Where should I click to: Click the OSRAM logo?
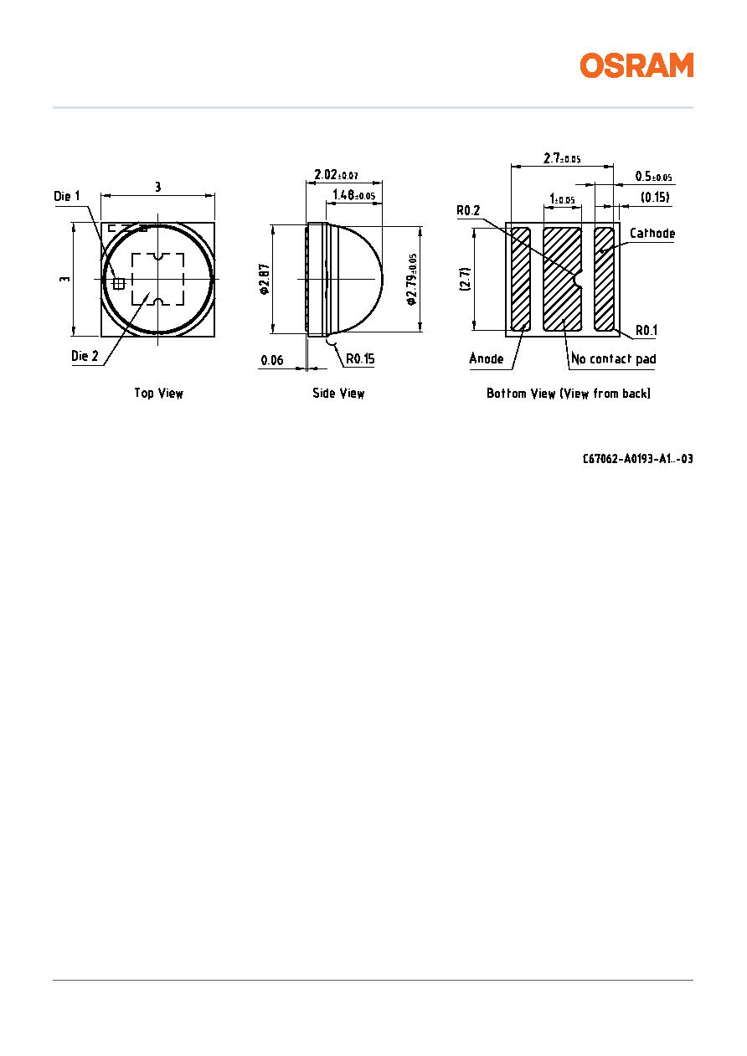click(636, 65)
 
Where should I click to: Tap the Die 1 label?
click(67, 196)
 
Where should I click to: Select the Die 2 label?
click(85, 356)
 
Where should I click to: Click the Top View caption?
click(159, 393)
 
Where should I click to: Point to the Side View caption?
click(338, 393)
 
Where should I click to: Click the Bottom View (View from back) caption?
click(569, 393)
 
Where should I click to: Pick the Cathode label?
click(652, 234)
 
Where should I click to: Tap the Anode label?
click(487, 358)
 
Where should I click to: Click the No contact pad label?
click(614, 359)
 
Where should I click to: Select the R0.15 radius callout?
click(361, 358)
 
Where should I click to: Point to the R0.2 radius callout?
click(468, 210)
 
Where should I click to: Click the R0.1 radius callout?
click(647, 330)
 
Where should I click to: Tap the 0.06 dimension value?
click(272, 361)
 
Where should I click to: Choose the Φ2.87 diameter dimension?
click(265, 279)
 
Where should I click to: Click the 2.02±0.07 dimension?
click(336, 175)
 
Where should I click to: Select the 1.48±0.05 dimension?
click(354, 194)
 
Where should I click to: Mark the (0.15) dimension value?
click(655, 197)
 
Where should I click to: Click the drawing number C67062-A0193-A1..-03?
click(637, 459)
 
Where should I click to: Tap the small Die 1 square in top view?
click(119, 283)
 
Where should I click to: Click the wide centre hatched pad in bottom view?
click(562, 279)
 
